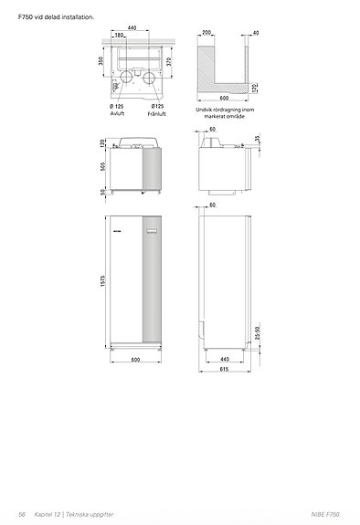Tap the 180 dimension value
pyautogui.click(x=119, y=37)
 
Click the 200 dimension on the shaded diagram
pyautogui.click(x=207, y=32)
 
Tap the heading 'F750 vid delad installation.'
pyautogui.click(x=56, y=16)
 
